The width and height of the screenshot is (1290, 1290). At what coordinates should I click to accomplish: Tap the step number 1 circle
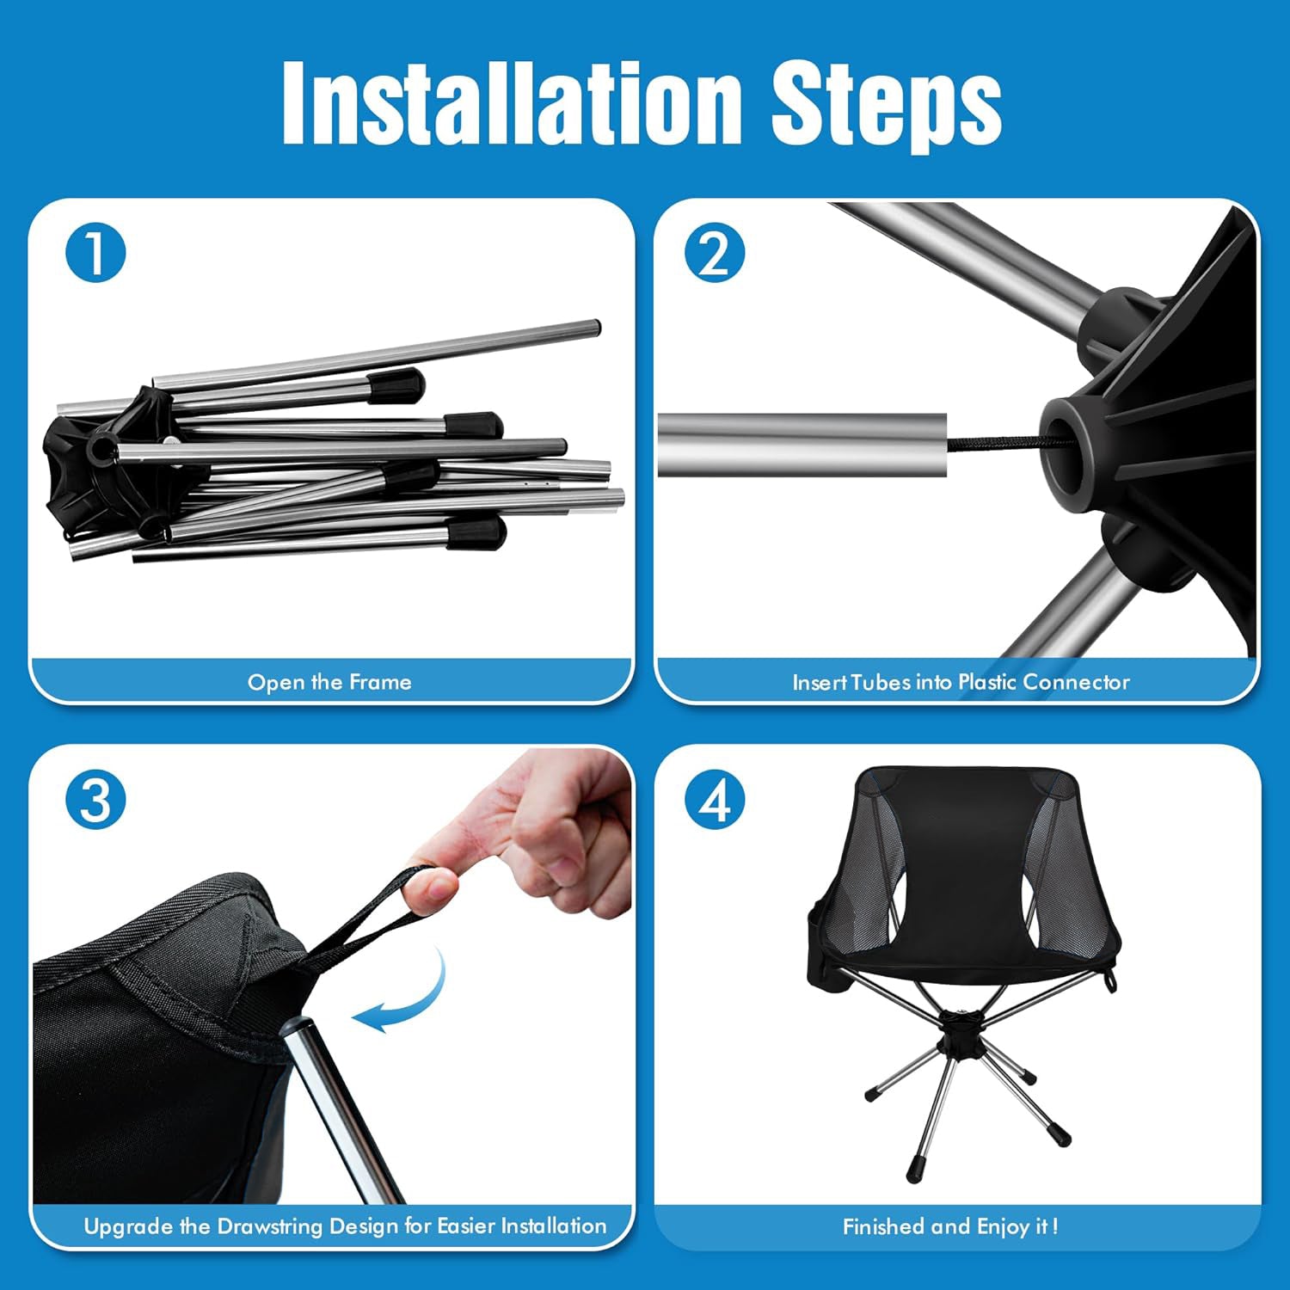95,253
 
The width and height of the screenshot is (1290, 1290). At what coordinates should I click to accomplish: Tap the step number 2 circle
715,253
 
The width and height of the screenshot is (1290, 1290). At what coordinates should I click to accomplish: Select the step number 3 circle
95,800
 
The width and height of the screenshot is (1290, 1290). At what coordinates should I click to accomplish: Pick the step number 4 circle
715,800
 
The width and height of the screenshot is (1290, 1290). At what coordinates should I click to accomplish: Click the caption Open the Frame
329,682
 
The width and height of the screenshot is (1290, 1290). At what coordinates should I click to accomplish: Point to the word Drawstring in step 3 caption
270,1225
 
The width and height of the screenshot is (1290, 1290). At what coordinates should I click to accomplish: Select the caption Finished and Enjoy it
949,1226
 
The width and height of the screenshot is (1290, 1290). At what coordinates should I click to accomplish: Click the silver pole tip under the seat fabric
298,1032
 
